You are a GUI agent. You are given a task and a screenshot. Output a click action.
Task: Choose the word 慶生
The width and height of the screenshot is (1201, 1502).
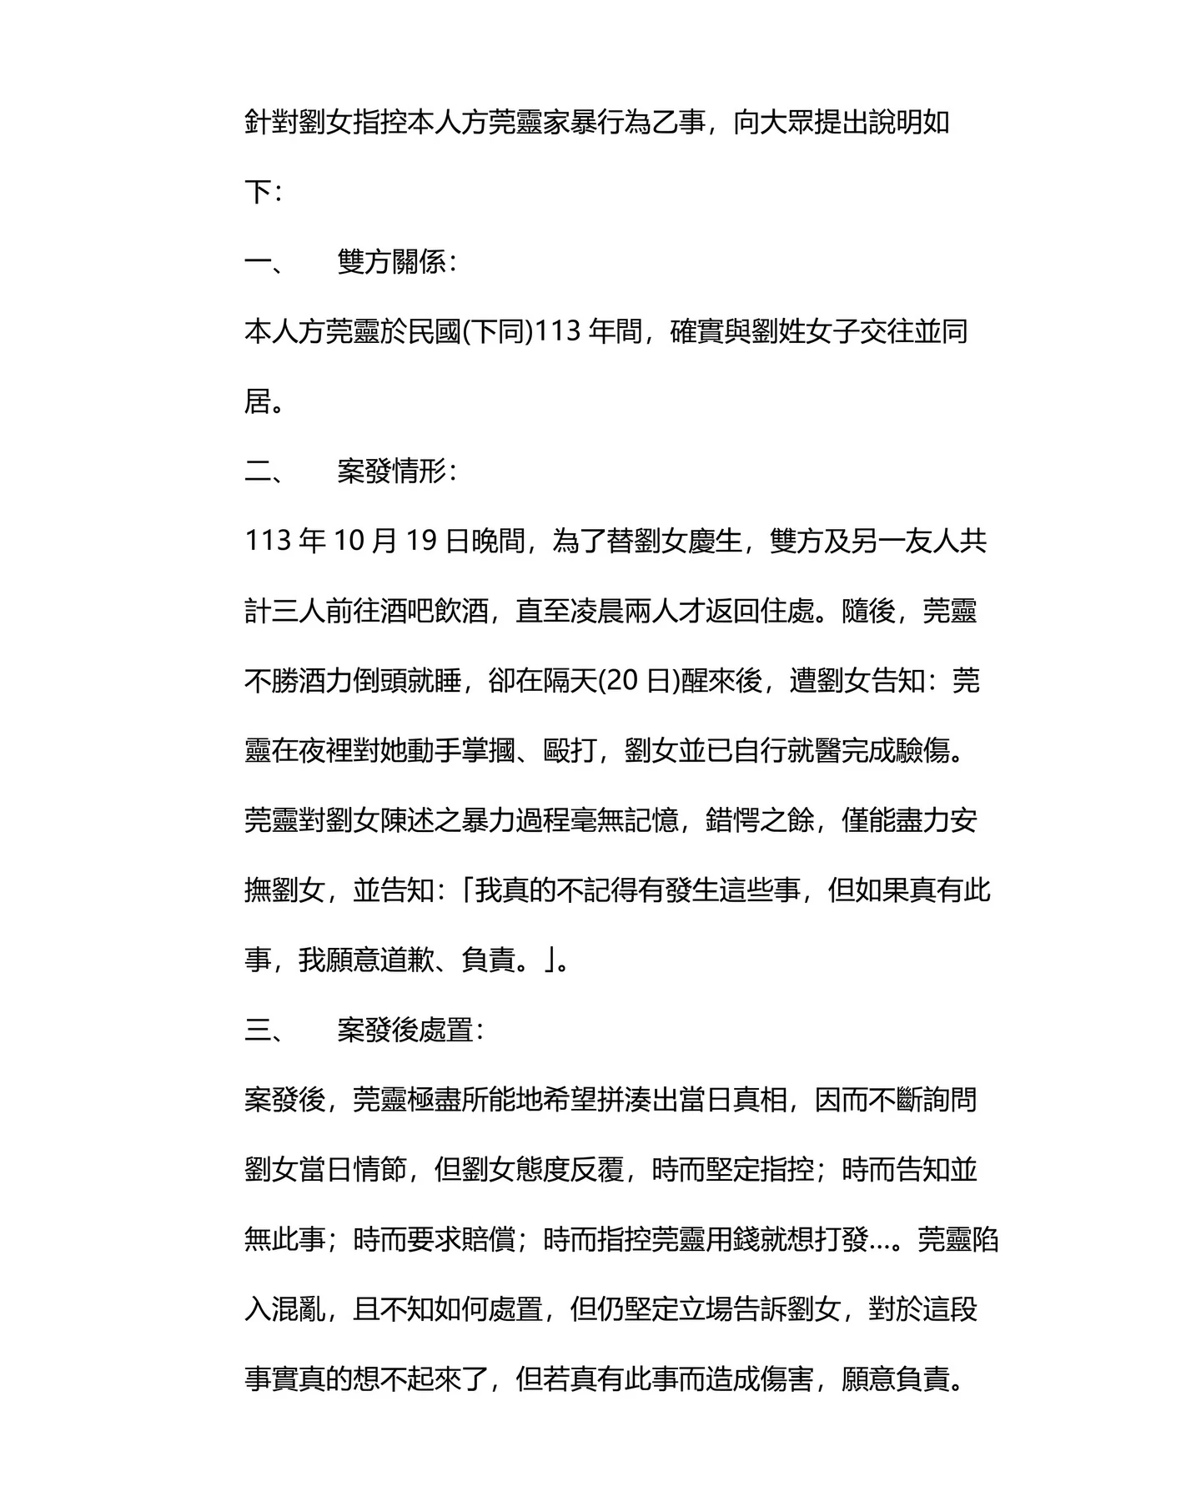(715, 542)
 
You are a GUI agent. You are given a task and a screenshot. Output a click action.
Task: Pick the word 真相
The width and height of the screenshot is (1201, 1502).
(760, 1101)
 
